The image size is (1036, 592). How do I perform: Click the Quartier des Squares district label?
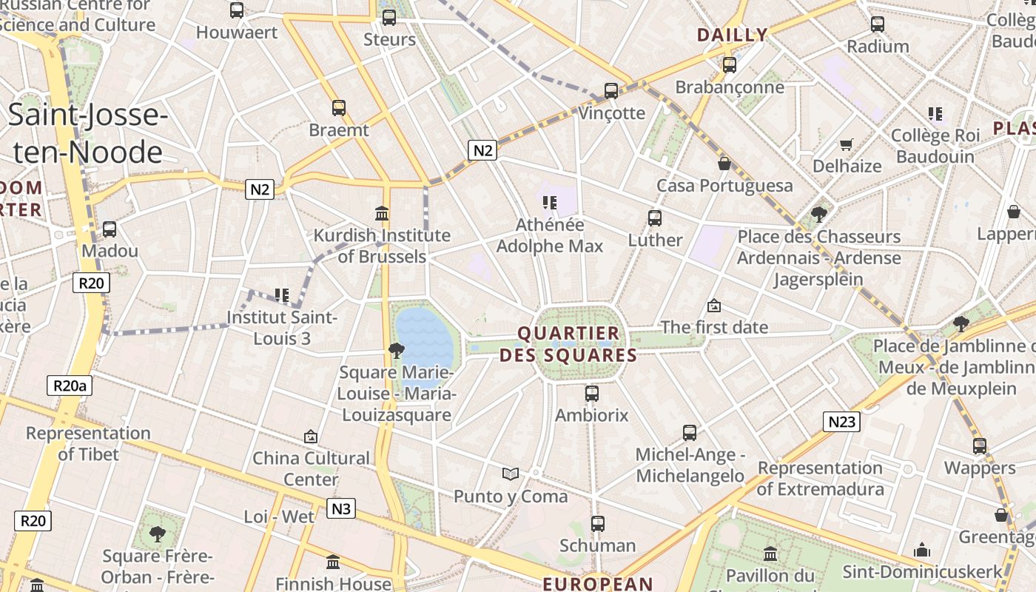[x=568, y=344]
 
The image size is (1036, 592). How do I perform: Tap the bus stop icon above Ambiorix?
[x=591, y=394]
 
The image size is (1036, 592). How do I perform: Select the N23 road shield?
[x=841, y=422]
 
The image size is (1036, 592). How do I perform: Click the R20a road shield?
[x=70, y=386]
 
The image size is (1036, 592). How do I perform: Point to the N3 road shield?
[x=340, y=508]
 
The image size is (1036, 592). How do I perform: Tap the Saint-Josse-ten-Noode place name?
[x=88, y=134]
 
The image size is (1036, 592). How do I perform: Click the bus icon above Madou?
[x=110, y=229]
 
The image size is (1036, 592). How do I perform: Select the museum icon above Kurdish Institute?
[x=382, y=214]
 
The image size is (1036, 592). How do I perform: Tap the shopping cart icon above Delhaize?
[x=847, y=144]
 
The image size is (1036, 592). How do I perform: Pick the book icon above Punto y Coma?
[x=510, y=474]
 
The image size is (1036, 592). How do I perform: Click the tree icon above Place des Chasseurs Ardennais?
[x=818, y=215]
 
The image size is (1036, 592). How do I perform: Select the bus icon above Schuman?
[x=598, y=524]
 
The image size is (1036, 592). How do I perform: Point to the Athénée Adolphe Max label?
[x=550, y=235]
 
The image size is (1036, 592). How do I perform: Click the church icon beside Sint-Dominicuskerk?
[x=921, y=550]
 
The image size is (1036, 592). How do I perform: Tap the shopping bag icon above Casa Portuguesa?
[x=724, y=164]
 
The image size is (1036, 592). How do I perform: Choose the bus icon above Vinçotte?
[x=611, y=91]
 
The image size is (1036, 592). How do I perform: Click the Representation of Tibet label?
[x=88, y=443]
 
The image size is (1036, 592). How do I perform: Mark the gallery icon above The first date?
[x=714, y=305]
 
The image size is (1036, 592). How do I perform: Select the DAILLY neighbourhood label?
[x=732, y=35]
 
